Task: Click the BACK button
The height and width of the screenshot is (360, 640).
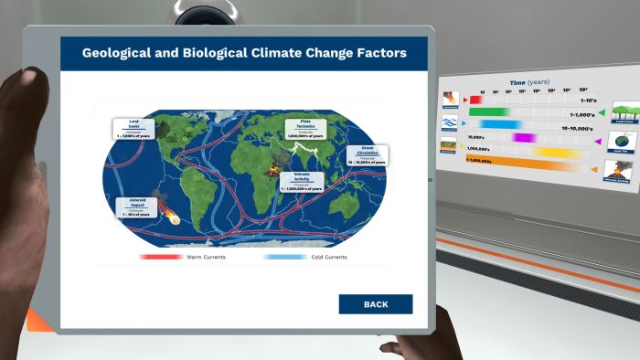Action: pyautogui.click(x=375, y=304)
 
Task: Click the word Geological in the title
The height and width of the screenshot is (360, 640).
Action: pyautogui.click(x=121, y=53)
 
